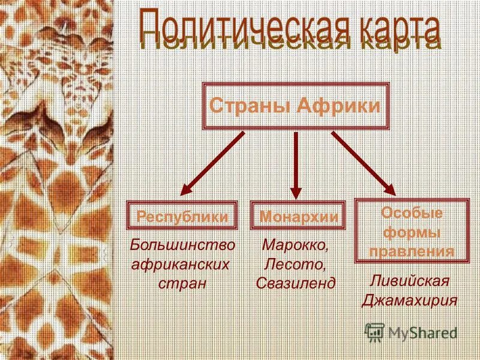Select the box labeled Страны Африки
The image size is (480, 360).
pyautogui.click(x=295, y=107)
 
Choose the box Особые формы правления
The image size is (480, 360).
pyautogui.click(x=412, y=232)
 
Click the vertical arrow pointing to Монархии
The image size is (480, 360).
pyautogui.click(x=296, y=165)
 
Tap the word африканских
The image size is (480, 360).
pyautogui.click(x=182, y=264)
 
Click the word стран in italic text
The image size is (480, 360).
pyautogui.click(x=182, y=283)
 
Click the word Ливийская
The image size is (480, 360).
pyautogui.click(x=410, y=281)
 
